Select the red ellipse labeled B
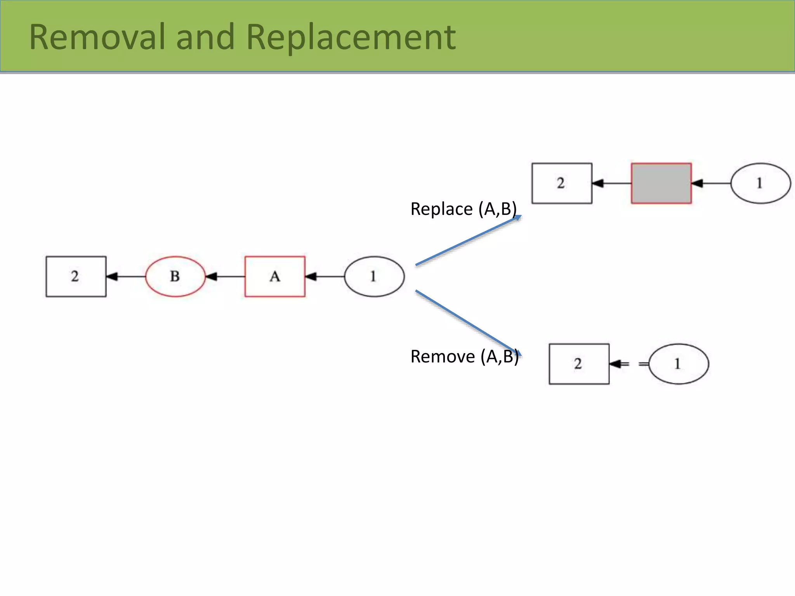(x=175, y=276)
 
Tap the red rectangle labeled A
(x=275, y=276)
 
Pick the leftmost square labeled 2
(x=76, y=276)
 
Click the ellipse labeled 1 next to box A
(x=374, y=276)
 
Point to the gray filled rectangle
(x=661, y=183)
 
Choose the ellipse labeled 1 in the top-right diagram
(x=760, y=183)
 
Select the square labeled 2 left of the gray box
(x=562, y=183)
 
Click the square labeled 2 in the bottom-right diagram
(x=579, y=364)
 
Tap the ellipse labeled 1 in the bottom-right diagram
(x=678, y=364)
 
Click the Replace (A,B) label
(x=463, y=209)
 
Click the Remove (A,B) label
(x=464, y=356)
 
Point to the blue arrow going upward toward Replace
(x=468, y=241)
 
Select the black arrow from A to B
(x=225, y=276)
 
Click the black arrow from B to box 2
(x=125, y=276)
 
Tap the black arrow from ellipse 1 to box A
(x=325, y=276)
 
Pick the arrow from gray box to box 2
(x=611, y=183)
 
